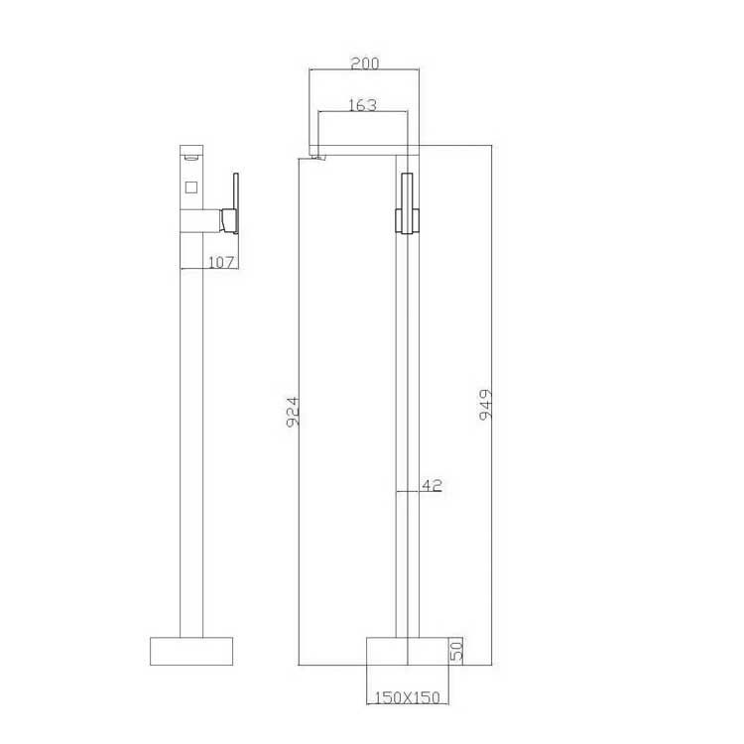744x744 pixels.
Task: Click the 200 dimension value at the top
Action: [365, 63]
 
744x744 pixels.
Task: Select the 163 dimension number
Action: [362, 105]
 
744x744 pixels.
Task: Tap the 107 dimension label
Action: [221, 262]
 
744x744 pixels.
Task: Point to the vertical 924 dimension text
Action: [294, 412]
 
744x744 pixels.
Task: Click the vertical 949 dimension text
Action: [485, 405]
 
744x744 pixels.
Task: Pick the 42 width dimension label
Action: [432, 485]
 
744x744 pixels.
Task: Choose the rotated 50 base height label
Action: [455, 651]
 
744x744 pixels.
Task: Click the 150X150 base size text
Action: [408, 697]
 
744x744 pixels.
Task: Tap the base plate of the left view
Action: [191, 651]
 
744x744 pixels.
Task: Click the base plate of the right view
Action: [408, 651]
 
